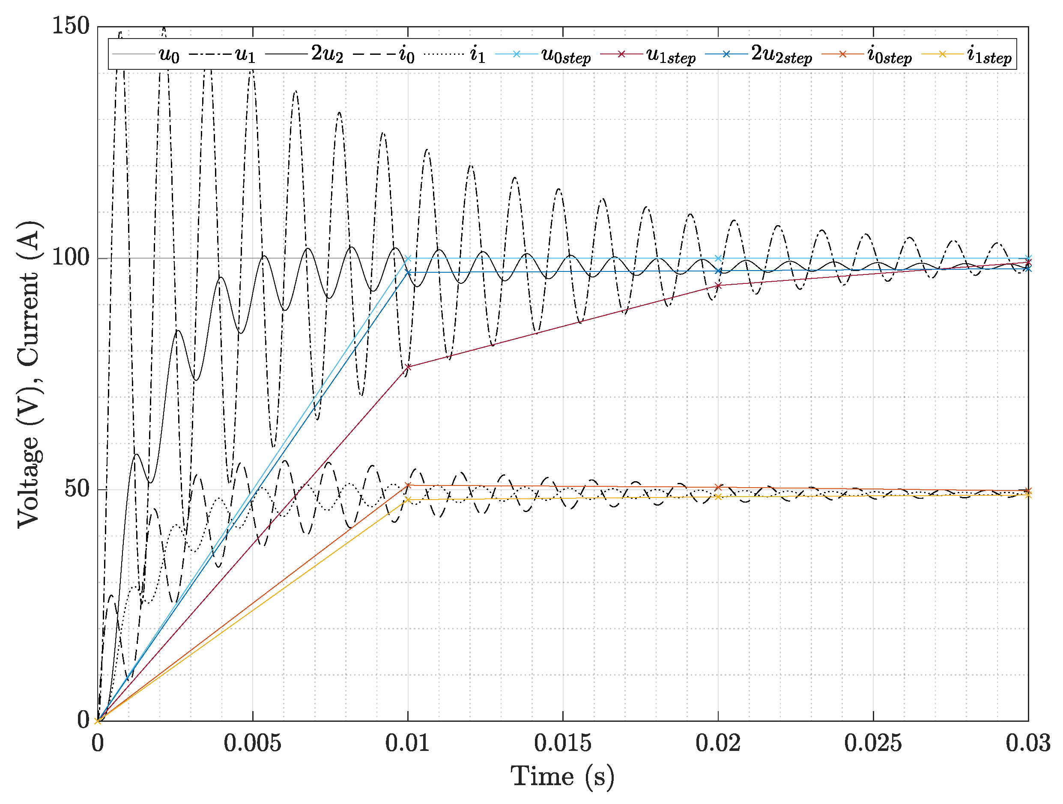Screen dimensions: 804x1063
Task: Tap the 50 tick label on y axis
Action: point(77,489)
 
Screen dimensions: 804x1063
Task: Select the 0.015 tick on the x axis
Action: point(563,743)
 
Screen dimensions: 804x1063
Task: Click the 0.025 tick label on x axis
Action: point(873,743)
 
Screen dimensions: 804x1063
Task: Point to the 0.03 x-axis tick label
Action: point(1027,743)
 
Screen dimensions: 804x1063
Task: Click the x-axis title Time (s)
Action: point(562,777)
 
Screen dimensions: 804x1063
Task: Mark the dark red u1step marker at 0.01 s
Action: point(408,367)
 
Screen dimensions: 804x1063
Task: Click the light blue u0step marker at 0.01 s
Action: point(408,259)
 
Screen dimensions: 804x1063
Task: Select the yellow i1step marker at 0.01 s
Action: point(408,500)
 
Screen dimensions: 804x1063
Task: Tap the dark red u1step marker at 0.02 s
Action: point(718,285)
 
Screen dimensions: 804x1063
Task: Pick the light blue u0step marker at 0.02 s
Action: point(718,259)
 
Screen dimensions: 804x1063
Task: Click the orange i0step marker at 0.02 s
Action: point(718,487)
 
